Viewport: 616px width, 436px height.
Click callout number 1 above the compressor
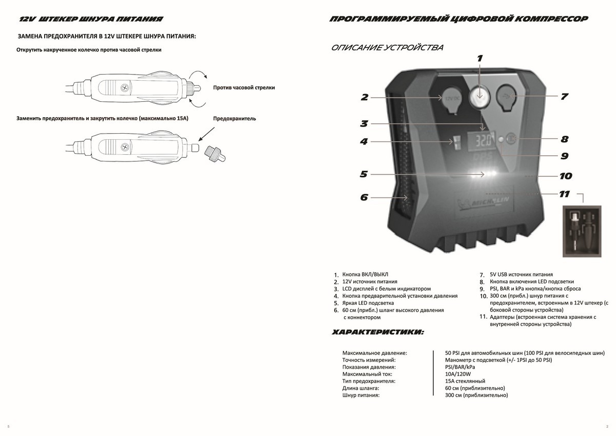coord(479,58)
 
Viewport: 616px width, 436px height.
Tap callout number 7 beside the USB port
coord(564,96)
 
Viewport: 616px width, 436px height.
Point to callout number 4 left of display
coord(364,141)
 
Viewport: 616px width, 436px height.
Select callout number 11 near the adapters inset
coord(564,194)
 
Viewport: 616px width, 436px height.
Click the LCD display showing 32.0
coord(483,140)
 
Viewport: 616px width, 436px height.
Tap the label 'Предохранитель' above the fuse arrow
coord(235,119)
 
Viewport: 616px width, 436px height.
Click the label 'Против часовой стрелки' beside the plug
coord(244,88)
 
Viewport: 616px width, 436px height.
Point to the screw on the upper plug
coord(124,88)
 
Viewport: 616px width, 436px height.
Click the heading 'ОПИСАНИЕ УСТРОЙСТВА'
coord(388,48)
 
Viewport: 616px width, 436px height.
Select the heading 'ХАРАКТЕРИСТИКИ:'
coord(378,333)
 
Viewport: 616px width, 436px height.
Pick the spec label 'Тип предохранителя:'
coord(368,382)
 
